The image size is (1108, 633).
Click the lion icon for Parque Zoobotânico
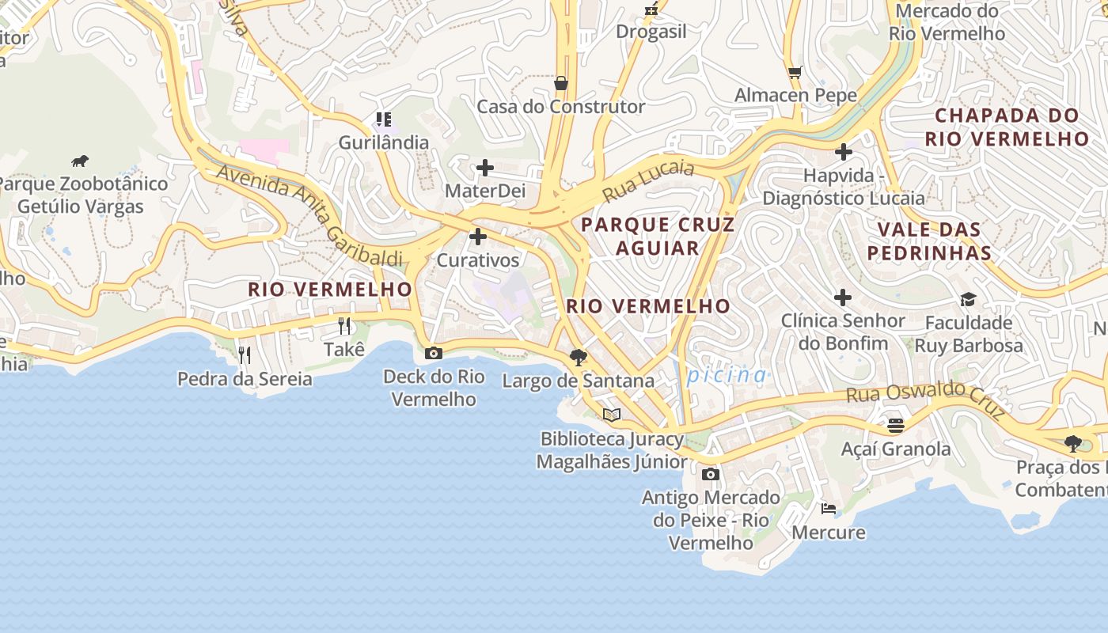click(80, 161)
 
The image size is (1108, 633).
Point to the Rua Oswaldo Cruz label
click(925, 400)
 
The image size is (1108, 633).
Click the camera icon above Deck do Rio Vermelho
click(433, 354)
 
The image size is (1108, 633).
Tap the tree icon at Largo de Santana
click(579, 358)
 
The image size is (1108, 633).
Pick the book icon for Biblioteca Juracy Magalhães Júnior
click(611, 415)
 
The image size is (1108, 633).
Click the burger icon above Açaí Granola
click(895, 426)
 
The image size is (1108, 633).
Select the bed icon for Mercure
click(828, 509)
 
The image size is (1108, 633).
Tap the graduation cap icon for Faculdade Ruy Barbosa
click(968, 299)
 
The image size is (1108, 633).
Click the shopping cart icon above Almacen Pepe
click(795, 72)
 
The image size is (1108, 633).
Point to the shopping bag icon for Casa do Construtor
click(560, 83)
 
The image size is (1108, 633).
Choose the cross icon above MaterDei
click(485, 168)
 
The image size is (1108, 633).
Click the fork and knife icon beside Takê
click(344, 325)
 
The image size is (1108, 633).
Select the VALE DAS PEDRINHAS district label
click(929, 241)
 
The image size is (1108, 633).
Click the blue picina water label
click(727, 375)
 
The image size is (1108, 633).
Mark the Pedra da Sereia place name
click(245, 379)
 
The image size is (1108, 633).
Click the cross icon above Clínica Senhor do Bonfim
click(843, 298)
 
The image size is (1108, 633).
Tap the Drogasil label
click(651, 32)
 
